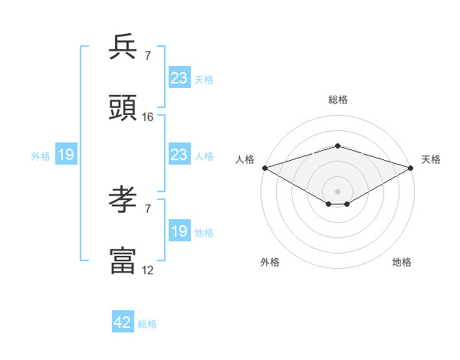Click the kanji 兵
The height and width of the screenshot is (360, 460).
(123, 48)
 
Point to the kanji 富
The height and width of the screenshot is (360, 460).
(123, 260)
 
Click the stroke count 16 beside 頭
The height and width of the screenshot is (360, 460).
(148, 117)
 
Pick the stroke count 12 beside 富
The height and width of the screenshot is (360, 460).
(148, 270)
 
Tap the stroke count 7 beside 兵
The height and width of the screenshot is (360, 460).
(148, 55)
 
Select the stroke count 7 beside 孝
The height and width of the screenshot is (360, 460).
(148, 208)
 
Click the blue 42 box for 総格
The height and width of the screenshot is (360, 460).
(123, 322)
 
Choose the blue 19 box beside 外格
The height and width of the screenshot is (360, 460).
(65, 155)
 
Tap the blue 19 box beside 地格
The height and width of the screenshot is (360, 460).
(179, 231)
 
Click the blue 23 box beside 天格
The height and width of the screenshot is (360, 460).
(179, 78)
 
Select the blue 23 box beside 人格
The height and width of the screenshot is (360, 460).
(179, 155)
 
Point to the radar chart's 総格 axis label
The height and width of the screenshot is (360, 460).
(337, 100)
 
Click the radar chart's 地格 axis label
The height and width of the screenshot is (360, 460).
(402, 262)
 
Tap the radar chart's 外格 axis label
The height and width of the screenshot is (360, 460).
(270, 262)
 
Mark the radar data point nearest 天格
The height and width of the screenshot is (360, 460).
(411, 168)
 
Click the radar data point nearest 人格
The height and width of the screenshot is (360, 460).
(264, 168)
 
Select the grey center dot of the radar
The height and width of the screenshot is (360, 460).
(337, 191)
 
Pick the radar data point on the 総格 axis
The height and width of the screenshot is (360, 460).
(337, 146)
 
